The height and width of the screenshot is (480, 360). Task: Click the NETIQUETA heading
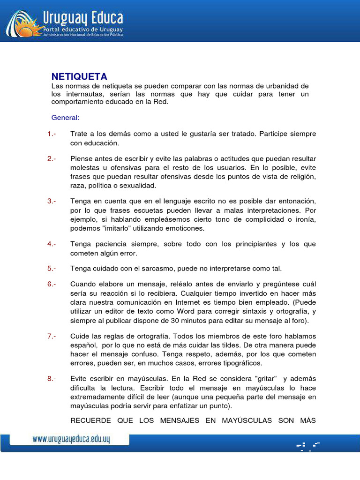tap(79, 76)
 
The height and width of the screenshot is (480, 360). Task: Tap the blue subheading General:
tap(65, 117)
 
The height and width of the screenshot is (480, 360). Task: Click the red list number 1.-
tap(52, 134)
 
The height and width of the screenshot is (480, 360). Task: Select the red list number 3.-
tap(52, 201)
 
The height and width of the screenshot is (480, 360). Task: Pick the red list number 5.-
tap(52, 269)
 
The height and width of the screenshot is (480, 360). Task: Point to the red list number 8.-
tap(52, 379)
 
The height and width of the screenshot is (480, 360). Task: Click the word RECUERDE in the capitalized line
tap(90, 420)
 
